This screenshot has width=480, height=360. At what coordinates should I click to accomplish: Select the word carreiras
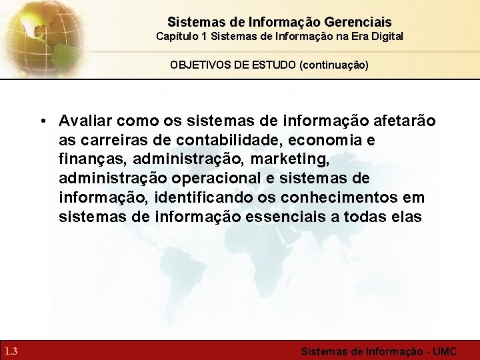point(108,140)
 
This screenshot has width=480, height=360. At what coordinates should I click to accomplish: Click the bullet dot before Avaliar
point(42,121)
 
